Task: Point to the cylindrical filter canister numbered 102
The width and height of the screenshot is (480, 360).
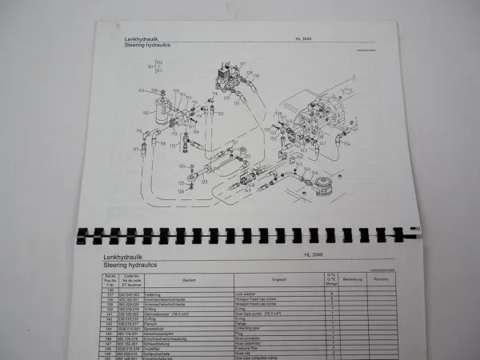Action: tap(164, 112)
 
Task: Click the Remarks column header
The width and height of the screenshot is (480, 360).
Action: tap(381, 279)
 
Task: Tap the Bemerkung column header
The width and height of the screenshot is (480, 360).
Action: tap(352, 279)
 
